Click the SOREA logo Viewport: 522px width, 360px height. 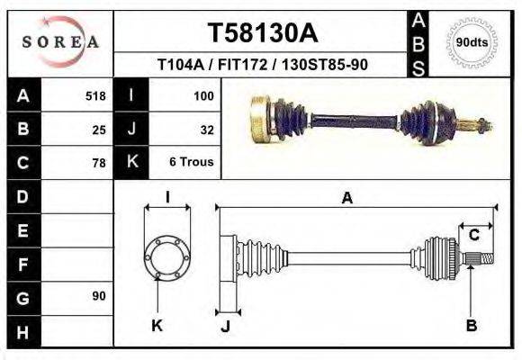60,41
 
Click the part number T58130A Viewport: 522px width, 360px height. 263,33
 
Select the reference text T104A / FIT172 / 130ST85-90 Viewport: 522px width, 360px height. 262,66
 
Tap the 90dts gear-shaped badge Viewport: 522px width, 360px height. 472,42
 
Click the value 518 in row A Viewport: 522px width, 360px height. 95,96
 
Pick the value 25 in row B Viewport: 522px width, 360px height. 99,130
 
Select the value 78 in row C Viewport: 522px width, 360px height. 99,163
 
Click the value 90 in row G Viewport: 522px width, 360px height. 99,296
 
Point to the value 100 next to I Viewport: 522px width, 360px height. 202,96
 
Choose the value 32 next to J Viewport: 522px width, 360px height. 206,130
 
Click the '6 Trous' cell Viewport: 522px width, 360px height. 192,163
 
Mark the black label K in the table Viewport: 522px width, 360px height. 131,163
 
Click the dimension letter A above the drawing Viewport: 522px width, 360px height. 347,199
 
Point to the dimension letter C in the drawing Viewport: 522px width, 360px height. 473,235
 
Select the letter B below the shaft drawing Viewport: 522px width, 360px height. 471,325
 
